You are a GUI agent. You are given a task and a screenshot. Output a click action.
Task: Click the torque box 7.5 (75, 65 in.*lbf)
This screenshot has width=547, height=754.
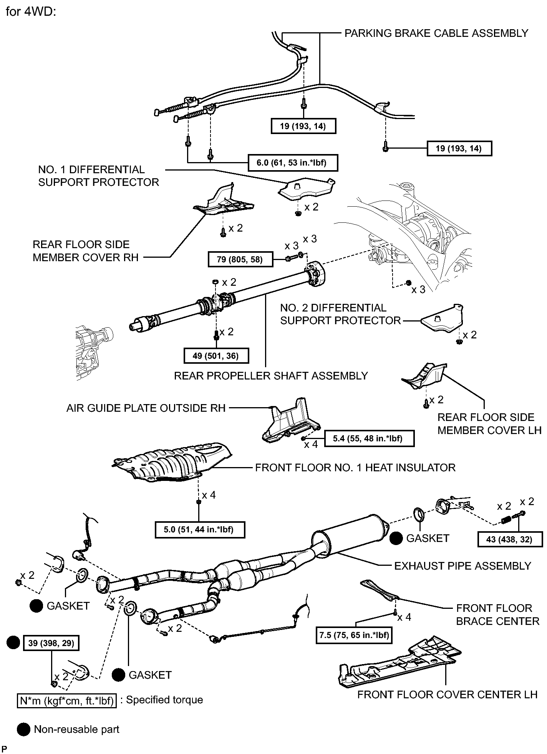point(354,635)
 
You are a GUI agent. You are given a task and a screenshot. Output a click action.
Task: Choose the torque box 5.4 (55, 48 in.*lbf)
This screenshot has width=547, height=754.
point(369,438)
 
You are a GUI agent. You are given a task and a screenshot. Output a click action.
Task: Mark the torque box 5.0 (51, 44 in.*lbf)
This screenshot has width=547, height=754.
point(199,530)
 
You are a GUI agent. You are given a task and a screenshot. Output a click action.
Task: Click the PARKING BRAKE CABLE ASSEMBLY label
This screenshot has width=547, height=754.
point(436,33)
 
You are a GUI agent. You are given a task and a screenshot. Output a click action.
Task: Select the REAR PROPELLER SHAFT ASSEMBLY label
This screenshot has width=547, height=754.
point(271,376)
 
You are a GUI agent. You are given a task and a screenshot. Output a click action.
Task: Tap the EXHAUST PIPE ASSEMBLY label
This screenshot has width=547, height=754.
point(462,566)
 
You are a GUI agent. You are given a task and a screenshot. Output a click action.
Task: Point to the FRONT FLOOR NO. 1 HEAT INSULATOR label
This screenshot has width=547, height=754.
point(355,467)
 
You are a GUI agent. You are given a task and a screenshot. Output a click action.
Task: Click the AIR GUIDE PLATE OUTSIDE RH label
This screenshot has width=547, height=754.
point(146,408)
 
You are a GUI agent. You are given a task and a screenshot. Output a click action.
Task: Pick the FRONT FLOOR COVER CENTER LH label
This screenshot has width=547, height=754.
point(447,694)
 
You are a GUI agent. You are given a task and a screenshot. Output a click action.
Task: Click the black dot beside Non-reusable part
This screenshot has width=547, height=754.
point(24,730)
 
